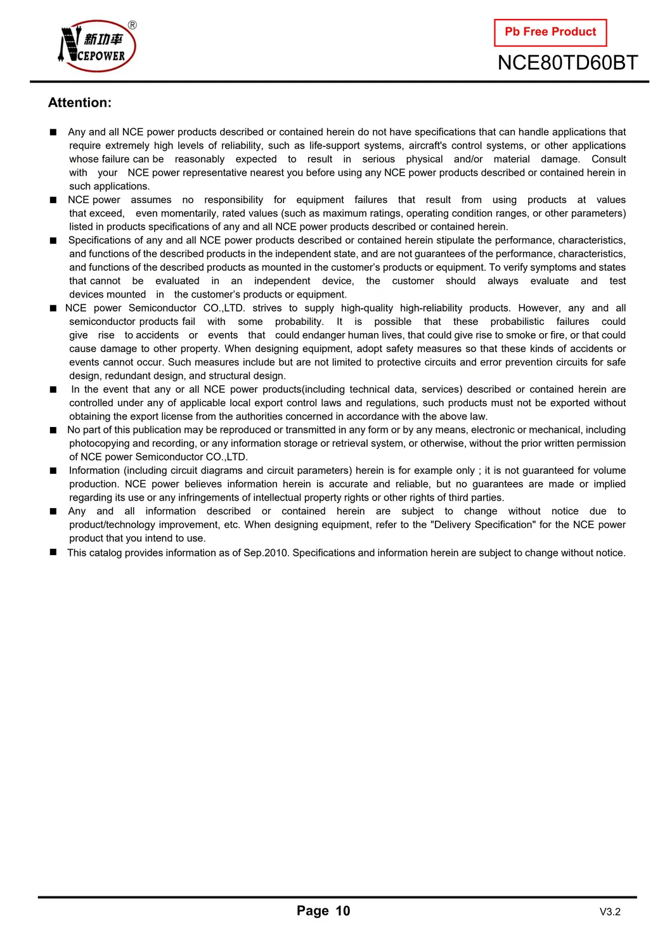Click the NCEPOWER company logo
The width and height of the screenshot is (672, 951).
pos(97,46)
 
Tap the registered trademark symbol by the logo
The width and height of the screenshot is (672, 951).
pos(132,25)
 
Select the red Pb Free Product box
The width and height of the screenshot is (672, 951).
pos(550,32)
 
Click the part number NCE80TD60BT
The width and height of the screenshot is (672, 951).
pos(567,63)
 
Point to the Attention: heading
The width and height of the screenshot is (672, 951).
pos(80,103)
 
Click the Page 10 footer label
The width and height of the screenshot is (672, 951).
pos(323,911)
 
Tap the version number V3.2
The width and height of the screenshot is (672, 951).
pos(610,912)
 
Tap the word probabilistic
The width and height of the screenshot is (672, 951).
pos(517,322)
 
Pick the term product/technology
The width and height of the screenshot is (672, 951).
pos(112,525)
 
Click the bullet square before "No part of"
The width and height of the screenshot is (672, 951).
pos(53,430)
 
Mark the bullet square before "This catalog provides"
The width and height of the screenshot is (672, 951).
pos(53,553)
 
